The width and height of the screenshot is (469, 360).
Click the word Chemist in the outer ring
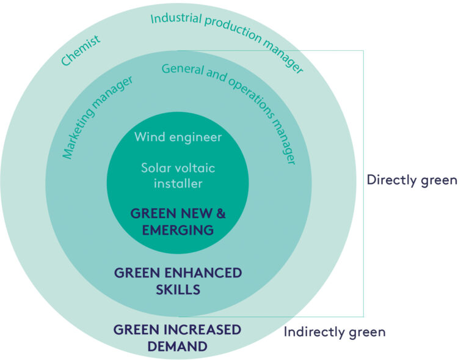click(80, 51)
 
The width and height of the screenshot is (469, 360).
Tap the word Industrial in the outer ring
click(173, 18)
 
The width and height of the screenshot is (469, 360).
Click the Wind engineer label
click(178, 137)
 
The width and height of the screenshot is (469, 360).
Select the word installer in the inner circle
click(178, 182)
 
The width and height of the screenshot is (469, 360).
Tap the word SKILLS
click(178, 289)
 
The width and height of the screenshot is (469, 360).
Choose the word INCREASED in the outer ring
click(207, 330)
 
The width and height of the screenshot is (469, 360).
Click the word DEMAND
click(178, 347)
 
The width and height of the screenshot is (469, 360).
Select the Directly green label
click(412, 180)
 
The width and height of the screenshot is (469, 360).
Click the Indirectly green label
click(335, 332)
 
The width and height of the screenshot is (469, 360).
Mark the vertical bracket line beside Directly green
click(363, 183)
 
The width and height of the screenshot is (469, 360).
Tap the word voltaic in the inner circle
click(195, 167)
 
